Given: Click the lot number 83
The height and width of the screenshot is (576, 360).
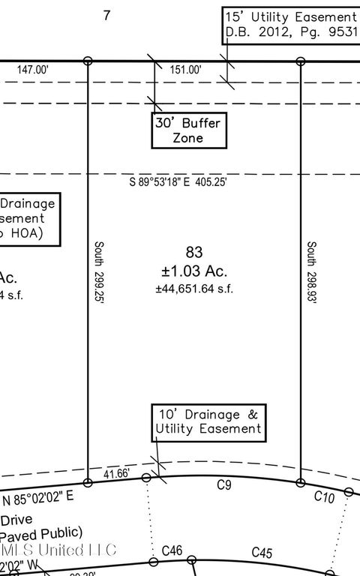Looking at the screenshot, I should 193,253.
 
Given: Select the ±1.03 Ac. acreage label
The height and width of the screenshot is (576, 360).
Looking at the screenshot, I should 193,271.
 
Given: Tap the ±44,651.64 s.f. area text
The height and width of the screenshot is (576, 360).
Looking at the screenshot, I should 193,289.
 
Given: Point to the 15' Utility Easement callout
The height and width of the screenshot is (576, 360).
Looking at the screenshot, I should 291,25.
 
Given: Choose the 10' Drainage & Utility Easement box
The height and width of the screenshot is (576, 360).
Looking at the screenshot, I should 208,421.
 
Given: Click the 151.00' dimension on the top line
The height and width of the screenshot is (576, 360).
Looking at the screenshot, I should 185,70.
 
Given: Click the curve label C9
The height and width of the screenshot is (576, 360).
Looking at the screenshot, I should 223,486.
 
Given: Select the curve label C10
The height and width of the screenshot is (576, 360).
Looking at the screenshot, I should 323,496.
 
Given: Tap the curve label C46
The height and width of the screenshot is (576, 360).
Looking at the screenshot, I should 172,551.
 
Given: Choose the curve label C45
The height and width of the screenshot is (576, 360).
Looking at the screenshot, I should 261,553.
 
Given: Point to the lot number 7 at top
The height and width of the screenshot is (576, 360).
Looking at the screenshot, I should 106,15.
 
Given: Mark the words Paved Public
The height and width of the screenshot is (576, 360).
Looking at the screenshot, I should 41,533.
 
